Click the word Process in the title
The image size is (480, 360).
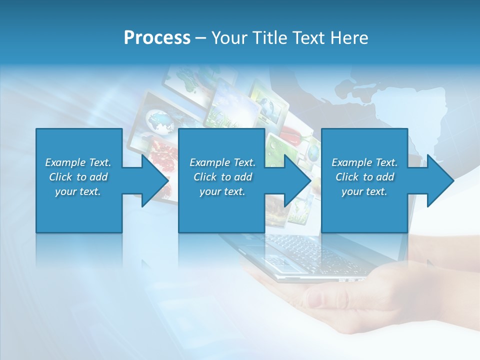[x=157, y=38]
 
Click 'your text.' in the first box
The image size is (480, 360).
[x=78, y=191]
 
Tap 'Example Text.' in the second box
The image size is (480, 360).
[x=222, y=162]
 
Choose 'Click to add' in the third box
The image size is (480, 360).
[x=364, y=177]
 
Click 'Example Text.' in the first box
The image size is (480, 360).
[x=78, y=162]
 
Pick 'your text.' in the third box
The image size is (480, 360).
[x=364, y=191]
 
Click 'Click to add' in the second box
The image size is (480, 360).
[x=222, y=177]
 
